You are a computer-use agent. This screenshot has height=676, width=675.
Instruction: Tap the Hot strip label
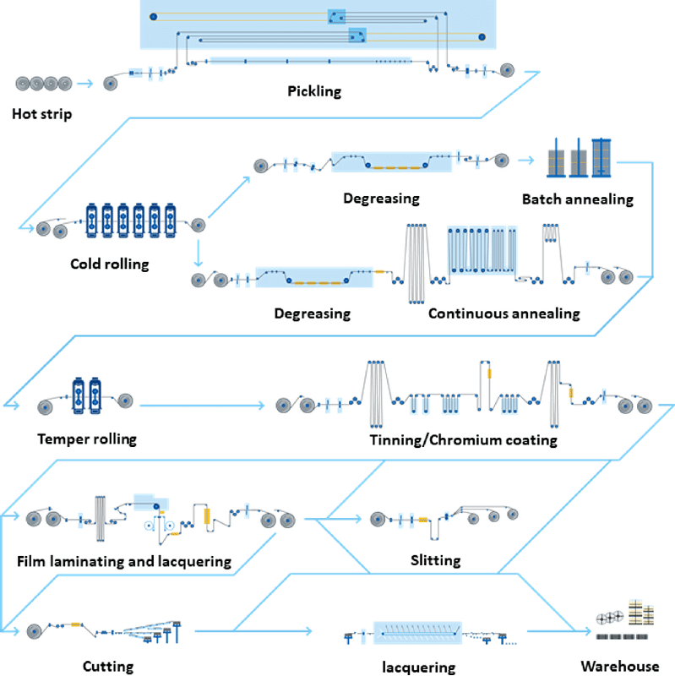click(x=42, y=113)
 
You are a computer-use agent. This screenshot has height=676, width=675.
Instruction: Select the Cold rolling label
click(x=110, y=264)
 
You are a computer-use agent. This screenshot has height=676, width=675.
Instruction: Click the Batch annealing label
click(x=577, y=199)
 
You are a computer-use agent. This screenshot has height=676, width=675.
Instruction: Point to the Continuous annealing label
click(x=504, y=313)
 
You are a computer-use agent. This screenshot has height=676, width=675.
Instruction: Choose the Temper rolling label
click(x=86, y=439)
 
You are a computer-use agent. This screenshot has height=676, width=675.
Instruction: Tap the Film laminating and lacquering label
click(x=123, y=561)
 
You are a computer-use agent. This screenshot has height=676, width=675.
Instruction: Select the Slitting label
click(x=435, y=560)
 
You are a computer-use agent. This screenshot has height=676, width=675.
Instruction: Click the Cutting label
click(x=108, y=667)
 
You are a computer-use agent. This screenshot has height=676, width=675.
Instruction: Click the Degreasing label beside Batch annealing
click(x=382, y=199)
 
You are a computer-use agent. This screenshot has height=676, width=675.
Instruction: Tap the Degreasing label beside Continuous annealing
click(x=313, y=313)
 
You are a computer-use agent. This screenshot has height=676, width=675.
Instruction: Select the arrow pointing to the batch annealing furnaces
click(x=529, y=159)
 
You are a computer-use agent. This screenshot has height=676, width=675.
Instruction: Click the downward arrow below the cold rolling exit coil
click(x=197, y=251)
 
